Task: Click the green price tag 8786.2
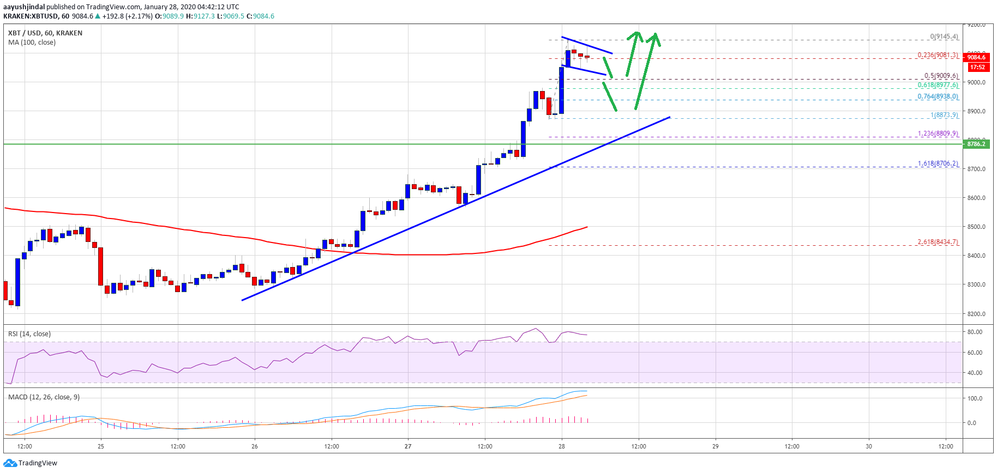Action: tap(976, 144)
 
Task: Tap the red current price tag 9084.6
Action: tap(976, 57)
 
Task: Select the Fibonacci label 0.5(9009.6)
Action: tap(941, 76)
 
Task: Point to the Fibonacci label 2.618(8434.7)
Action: tap(938, 242)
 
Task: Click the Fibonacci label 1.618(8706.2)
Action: tap(938, 163)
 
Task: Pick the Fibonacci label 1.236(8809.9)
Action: tap(938, 134)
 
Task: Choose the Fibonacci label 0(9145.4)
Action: tap(944, 37)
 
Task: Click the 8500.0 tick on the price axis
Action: tap(976, 227)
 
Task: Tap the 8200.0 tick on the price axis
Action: tap(976, 314)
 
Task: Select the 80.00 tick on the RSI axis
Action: tap(975, 332)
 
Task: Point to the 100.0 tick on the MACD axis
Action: tap(975, 398)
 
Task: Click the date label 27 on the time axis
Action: tap(408, 446)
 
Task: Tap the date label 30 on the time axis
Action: tap(869, 446)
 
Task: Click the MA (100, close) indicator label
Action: tap(32, 43)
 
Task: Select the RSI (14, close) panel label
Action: tap(29, 334)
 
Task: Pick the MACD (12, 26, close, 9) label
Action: tap(44, 397)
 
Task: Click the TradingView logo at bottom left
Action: tap(31, 463)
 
